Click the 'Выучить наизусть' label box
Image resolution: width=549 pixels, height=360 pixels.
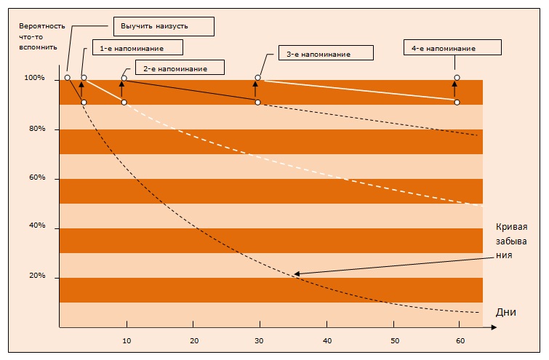(x=164, y=26)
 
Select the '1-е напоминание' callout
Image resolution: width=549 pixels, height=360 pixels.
(x=137, y=47)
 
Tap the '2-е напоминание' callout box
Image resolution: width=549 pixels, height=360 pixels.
(x=180, y=67)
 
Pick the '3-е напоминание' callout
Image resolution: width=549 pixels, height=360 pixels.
(x=326, y=53)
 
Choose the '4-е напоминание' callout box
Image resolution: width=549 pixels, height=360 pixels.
(x=452, y=47)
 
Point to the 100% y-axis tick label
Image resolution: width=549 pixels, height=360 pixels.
(x=34, y=78)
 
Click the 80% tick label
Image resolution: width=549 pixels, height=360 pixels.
(x=37, y=129)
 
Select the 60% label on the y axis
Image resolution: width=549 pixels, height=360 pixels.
(x=37, y=177)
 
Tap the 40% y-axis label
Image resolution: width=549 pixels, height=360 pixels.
(x=37, y=225)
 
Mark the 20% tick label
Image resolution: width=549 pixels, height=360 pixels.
(x=37, y=275)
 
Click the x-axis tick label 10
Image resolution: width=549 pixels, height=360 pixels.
(x=127, y=341)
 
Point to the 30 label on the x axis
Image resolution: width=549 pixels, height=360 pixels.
(x=259, y=341)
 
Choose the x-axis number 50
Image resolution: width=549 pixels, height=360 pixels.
(x=395, y=341)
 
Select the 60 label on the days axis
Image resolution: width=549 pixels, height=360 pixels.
(x=460, y=341)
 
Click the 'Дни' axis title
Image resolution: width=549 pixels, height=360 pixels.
(x=505, y=312)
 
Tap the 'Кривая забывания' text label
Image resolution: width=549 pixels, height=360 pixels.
(x=511, y=241)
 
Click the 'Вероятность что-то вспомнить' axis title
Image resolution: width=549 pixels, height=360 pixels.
(x=41, y=36)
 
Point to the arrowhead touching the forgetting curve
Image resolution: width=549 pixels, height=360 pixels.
(x=297, y=274)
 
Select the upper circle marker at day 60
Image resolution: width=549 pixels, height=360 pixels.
(x=457, y=77)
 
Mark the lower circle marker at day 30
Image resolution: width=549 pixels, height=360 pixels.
(x=257, y=103)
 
